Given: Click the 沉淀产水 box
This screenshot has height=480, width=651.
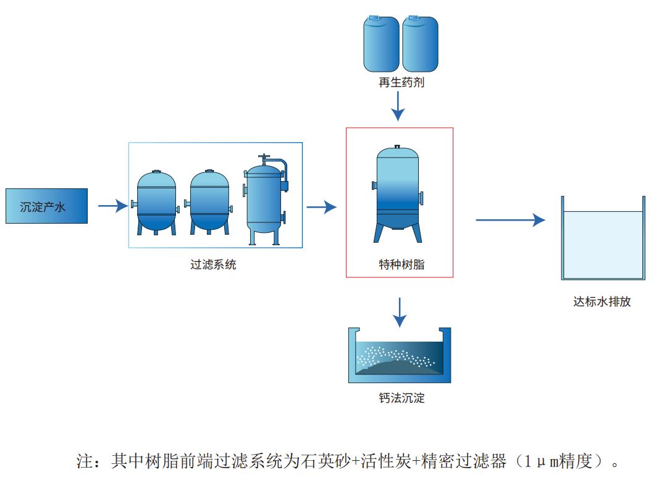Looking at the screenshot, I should pyautogui.click(x=46, y=206).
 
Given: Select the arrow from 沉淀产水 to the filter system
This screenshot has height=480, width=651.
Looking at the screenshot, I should pyautogui.click(x=112, y=206).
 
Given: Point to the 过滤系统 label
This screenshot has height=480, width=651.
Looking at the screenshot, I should pyautogui.click(x=213, y=265).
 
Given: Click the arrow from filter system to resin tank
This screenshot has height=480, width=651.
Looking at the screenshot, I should pyautogui.click(x=321, y=207).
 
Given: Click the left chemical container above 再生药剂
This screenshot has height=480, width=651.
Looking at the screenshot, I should pyautogui.click(x=382, y=44).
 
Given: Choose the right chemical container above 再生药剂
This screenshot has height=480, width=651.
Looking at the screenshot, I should pyautogui.click(x=420, y=44).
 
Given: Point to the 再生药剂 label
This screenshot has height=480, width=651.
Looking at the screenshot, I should pyautogui.click(x=401, y=83).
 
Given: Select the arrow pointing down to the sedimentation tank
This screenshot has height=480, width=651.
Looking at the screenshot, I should pyautogui.click(x=400, y=312).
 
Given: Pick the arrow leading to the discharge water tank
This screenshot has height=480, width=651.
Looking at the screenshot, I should pyautogui.click(x=510, y=219).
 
